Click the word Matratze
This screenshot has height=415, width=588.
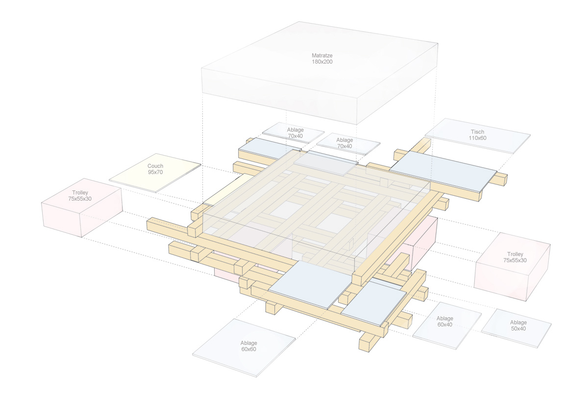(322, 55)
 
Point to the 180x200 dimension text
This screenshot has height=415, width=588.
(322, 62)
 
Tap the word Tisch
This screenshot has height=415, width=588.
(477, 132)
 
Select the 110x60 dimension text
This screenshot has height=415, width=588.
(477, 138)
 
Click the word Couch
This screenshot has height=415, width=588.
(155, 166)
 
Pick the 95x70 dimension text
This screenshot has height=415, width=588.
(155, 173)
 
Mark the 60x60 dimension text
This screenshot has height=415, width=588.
(248, 349)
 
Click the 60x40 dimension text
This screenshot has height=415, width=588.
(445, 325)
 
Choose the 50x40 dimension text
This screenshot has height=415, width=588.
(518, 329)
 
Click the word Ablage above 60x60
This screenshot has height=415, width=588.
(248, 343)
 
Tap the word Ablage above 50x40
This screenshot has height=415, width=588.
(518, 323)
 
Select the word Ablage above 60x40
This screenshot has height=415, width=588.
(445, 319)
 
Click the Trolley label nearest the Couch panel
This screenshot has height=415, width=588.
(81, 193)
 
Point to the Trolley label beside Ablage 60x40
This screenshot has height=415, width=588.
(515, 254)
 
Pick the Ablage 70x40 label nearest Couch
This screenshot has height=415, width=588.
(295, 133)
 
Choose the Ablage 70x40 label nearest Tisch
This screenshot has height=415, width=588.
(344, 143)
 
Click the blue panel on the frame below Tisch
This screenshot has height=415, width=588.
(442, 169)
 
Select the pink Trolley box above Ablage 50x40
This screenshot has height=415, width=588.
(512, 267)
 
